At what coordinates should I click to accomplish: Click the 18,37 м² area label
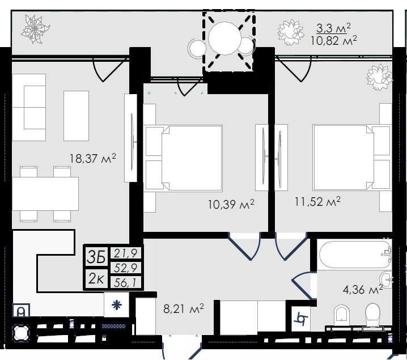pyautogui.click(x=92, y=158)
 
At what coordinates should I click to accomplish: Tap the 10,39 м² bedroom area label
pyautogui.click(x=231, y=204)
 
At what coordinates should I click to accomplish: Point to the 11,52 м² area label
pyautogui.click(x=317, y=201)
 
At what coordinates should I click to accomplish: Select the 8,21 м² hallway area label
pyautogui.click(x=184, y=308)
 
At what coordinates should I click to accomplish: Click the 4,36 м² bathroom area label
pyautogui.click(x=363, y=289)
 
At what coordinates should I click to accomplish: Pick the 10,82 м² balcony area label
pyautogui.click(x=333, y=40)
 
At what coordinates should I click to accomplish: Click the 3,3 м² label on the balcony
pyautogui.click(x=333, y=28)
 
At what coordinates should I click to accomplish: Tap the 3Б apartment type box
pyautogui.click(x=96, y=257)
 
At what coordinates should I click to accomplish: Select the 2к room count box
pyautogui.click(x=96, y=278)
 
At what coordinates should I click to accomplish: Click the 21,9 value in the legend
pyautogui.click(x=125, y=253)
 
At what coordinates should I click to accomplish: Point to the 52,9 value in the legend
pyautogui.click(x=125, y=268)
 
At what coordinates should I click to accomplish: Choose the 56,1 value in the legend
pyautogui.click(x=125, y=282)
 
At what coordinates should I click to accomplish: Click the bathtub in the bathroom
pyautogui.click(x=355, y=255)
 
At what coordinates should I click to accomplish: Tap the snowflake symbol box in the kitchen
pyautogui.click(x=117, y=304)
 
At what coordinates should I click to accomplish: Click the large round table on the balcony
pyautogui.click(x=225, y=38)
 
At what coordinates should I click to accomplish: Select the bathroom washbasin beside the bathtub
pyautogui.click(x=385, y=280)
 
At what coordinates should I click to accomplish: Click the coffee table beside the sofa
pyautogui.click(x=76, y=116)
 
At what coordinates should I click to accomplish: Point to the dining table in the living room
pyautogui.click(x=45, y=194)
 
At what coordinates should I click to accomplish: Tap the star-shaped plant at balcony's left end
pyautogui.click(x=35, y=29)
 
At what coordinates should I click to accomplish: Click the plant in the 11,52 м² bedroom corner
pyautogui.click(x=379, y=78)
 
